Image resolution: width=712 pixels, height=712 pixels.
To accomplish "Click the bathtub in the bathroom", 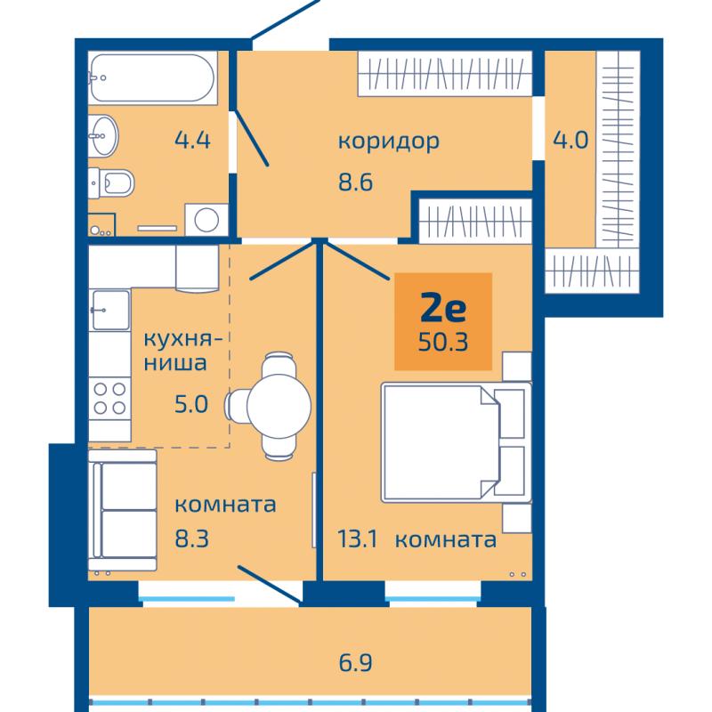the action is coord(152,77).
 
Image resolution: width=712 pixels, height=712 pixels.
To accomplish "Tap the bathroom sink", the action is coord(103,135).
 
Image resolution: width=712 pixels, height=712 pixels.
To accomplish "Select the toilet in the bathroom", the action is coord(110,183).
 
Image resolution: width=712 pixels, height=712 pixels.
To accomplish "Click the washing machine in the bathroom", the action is coord(206,220).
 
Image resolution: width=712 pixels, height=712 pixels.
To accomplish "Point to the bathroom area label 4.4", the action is coord(192,140).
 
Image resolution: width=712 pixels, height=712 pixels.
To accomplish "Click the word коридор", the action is coord(389,142).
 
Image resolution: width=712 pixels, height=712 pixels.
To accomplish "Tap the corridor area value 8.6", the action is coord(355,182).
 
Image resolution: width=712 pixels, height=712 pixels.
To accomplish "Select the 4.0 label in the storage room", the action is coord(570,140).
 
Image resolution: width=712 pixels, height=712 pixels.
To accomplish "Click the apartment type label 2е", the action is coord(443,308).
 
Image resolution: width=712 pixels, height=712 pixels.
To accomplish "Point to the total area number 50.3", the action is coord(443,342).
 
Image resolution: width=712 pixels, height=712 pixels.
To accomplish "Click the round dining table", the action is coord(279,405).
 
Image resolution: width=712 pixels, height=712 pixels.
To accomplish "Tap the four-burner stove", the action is coord(109,399).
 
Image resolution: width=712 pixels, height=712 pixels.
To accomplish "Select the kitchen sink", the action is coord(110,310).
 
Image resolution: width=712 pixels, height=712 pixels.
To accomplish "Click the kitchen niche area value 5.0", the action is coord(191,404).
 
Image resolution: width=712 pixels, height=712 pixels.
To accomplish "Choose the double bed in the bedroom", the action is coord(457,442).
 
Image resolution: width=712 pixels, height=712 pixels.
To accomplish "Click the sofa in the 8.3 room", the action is coord(123,510).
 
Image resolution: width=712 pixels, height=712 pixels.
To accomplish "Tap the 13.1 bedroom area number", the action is coord(358,539).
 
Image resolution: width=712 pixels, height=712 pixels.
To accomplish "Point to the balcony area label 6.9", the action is coord(355,662).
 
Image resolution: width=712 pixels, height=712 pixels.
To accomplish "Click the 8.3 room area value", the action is coord(191,539).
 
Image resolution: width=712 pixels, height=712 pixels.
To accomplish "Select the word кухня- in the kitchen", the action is coord(183,339).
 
